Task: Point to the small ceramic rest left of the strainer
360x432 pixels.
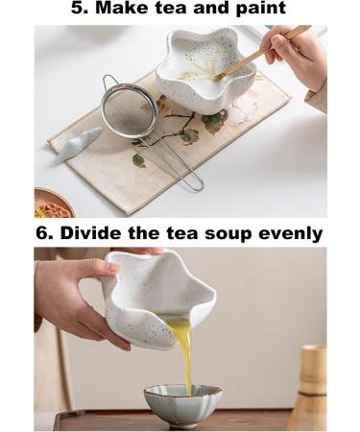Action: pos(77,144)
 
